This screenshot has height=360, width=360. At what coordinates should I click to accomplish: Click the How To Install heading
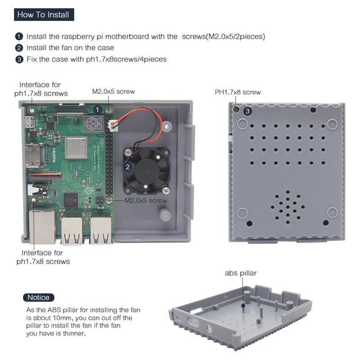[x=43, y=15]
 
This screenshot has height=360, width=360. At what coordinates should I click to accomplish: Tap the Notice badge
[x=38, y=297]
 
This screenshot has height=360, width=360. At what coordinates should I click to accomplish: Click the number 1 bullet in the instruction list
[x=19, y=36]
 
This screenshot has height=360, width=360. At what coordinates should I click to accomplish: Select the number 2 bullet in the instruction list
[x=19, y=48]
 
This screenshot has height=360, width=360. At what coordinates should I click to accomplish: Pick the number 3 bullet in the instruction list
[x=19, y=59]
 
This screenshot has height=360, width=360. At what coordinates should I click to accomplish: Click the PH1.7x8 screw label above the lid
[x=237, y=92]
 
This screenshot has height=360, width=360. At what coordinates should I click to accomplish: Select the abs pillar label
[x=241, y=273]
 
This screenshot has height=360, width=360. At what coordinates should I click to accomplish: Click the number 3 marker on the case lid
[x=248, y=110]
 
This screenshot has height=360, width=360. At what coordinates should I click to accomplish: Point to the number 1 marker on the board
[x=97, y=109]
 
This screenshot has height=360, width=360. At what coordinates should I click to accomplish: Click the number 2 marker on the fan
[x=128, y=167]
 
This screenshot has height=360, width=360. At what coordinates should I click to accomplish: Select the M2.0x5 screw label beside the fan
[x=146, y=200]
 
